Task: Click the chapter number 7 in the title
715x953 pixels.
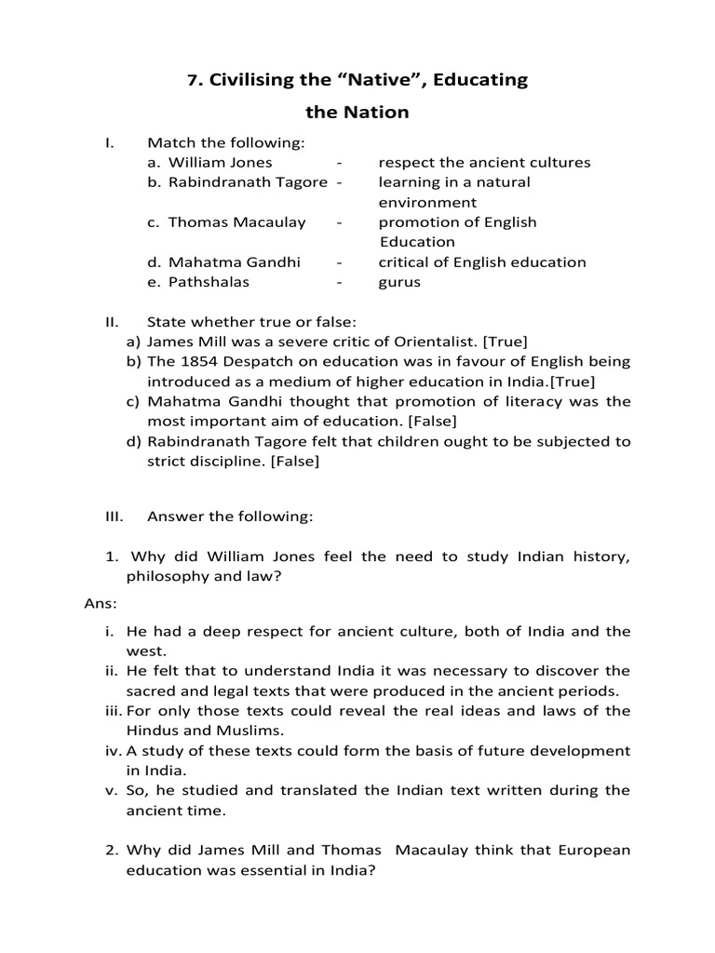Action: pyautogui.click(x=192, y=80)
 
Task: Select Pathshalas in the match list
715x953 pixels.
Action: pyautogui.click(x=209, y=282)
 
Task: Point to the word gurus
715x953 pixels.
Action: pyautogui.click(x=399, y=282)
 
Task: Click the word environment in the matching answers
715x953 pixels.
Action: pyautogui.click(x=427, y=202)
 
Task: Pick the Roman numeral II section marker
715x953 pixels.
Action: pyautogui.click(x=111, y=322)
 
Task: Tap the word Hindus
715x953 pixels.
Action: pyautogui.click(x=155, y=731)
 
